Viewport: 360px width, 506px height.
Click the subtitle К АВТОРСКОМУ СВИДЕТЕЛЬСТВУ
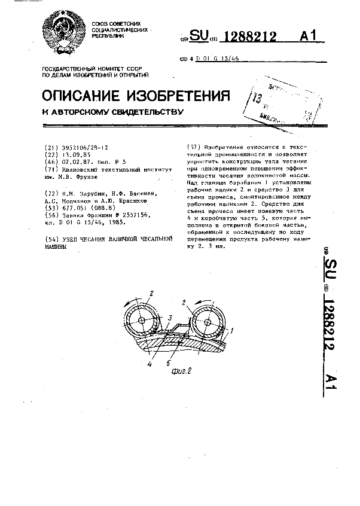111,112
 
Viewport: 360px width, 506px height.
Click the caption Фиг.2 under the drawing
180,371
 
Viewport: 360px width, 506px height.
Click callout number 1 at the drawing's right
233,330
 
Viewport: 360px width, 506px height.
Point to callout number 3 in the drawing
170,318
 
